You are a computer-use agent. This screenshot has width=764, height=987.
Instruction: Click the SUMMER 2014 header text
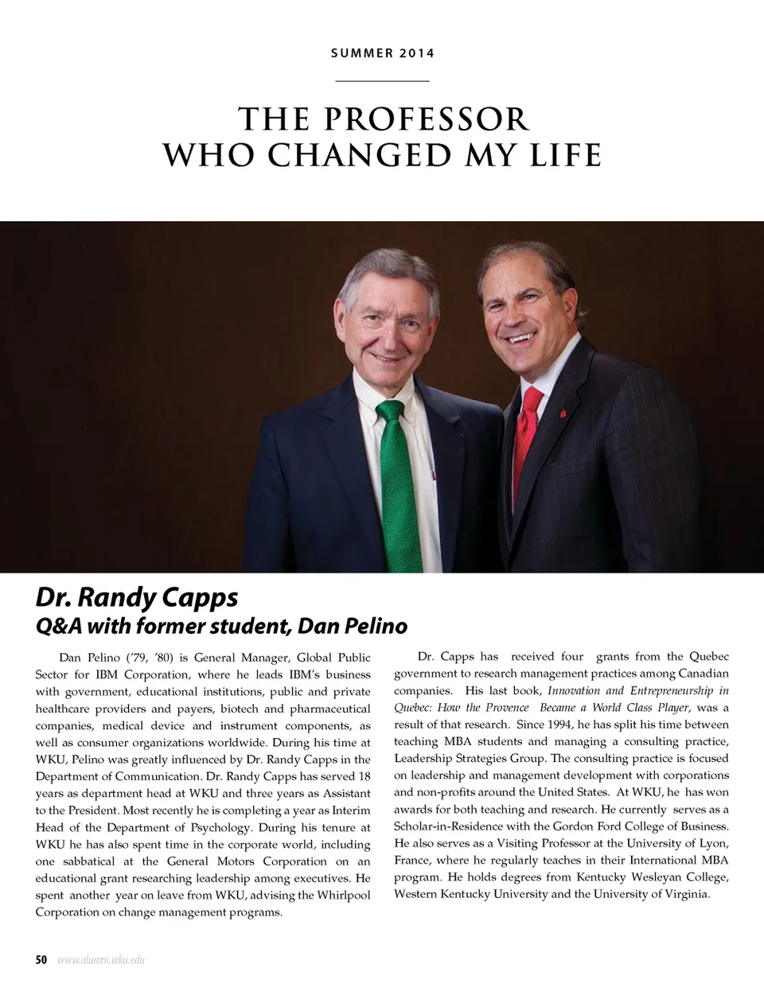[383, 53]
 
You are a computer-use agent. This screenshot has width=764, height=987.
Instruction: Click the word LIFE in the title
[562, 153]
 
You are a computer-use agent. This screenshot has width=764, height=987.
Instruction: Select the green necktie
[398, 477]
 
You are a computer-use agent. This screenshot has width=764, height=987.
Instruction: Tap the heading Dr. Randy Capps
[137, 596]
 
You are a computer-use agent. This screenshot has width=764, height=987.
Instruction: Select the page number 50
[41, 959]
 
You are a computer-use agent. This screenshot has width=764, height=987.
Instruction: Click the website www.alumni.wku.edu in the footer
[100, 959]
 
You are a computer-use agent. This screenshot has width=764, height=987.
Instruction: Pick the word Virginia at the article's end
[684, 894]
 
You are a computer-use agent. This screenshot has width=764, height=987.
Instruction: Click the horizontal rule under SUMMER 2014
[383, 81]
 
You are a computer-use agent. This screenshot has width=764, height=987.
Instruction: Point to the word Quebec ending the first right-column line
[709, 656]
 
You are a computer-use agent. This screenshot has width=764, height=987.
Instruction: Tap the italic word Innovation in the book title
[575, 690]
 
